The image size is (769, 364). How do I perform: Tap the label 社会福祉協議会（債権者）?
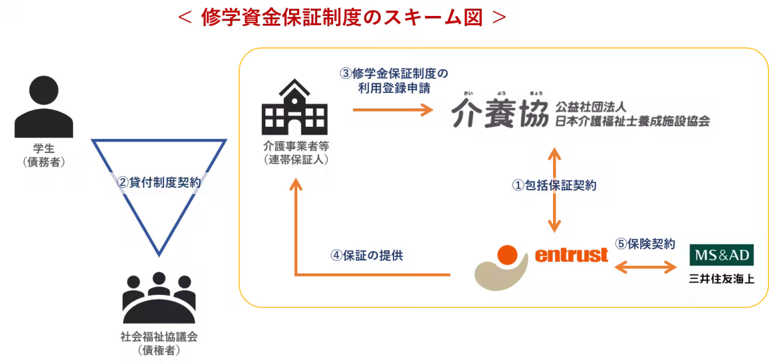click(158, 344)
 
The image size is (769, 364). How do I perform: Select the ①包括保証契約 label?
click(554, 185)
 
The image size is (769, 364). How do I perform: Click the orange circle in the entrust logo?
click(508, 255)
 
